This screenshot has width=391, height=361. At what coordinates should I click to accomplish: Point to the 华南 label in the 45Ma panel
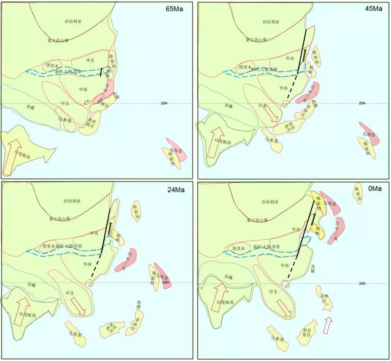click(x=283, y=88)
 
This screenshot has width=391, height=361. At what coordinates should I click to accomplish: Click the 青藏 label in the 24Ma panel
click(x=32, y=285)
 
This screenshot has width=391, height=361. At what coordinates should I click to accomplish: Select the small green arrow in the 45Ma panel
click(x=305, y=53)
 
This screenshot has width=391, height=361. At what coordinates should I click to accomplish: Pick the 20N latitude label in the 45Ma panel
click(x=362, y=103)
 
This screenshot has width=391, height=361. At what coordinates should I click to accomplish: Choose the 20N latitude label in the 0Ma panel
click(x=362, y=283)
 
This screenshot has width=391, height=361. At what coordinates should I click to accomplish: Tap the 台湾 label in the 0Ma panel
click(x=312, y=268)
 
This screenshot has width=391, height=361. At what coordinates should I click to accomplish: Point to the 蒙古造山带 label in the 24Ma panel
click(x=59, y=220)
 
